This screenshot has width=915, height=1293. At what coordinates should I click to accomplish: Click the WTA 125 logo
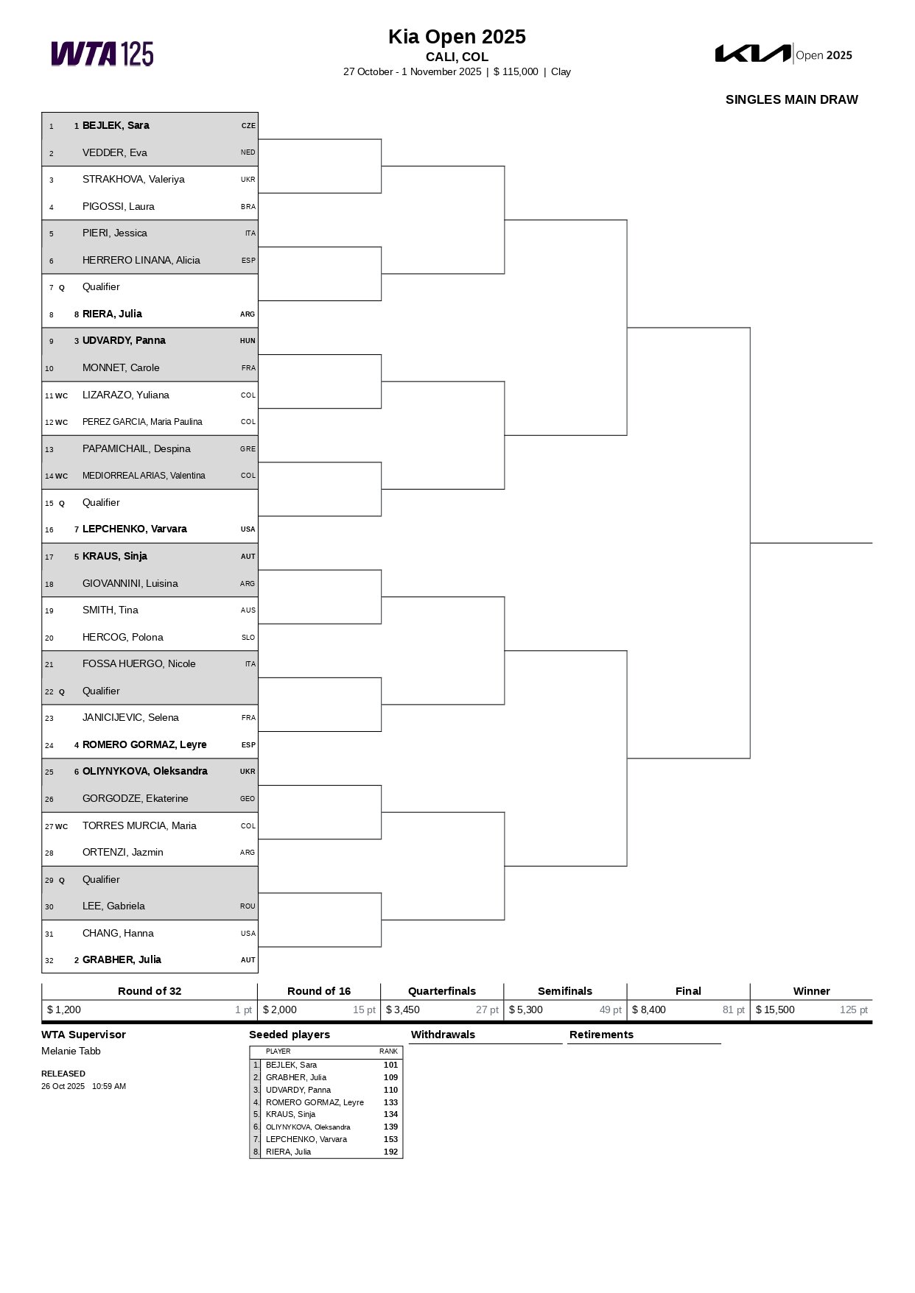pos(102,54)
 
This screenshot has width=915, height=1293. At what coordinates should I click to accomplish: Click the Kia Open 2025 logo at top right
pos(784,54)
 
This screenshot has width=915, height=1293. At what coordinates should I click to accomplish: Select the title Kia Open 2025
pos(457,37)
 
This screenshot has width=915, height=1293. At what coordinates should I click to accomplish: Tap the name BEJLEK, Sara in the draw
pos(116,126)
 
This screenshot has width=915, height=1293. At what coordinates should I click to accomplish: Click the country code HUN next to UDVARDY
pos(248,341)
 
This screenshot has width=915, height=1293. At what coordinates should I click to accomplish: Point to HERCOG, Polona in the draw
pos(123,637)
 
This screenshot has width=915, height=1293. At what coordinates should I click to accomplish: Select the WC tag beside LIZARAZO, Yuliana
pos(61,396)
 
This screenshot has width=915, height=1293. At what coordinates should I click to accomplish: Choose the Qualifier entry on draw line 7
pos(101,287)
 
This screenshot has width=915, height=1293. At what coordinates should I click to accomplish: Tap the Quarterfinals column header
pos(442,991)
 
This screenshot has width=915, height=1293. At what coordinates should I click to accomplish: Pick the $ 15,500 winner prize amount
pos(775,1010)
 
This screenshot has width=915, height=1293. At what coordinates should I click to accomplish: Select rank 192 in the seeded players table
pos(390,1152)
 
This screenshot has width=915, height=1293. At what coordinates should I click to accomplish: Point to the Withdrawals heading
pos(443,1035)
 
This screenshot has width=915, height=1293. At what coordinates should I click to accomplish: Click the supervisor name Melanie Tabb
pos(71,1051)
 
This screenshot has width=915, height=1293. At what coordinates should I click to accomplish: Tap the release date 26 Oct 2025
pos(63,1086)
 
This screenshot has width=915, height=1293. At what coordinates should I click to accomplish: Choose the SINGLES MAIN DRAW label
pos(791,99)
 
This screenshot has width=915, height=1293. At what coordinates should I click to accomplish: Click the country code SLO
pos(248,638)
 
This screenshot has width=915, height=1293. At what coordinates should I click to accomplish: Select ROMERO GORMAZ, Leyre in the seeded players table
pos(315,1102)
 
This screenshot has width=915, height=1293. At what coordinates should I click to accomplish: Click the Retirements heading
pos(601,1035)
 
